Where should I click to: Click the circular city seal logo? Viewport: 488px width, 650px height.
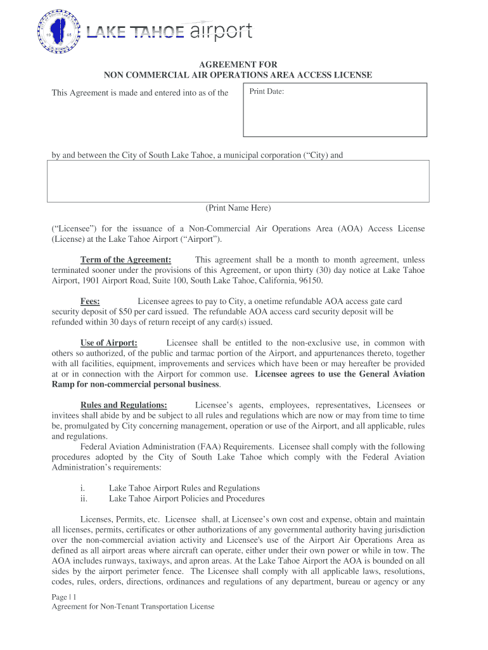tap(59, 31)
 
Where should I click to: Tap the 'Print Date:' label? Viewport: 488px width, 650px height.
tap(266, 92)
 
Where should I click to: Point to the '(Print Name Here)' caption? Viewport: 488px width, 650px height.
tap(238, 208)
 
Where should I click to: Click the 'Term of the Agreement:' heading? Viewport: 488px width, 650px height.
tap(125, 260)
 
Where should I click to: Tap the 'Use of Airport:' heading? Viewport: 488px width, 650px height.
tap(108, 343)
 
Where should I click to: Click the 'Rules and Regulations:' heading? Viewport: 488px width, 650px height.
tap(124, 405)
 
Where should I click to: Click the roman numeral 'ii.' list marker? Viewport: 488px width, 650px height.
tap(84, 498)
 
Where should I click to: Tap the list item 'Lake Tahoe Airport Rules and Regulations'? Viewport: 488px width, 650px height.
tap(184, 488)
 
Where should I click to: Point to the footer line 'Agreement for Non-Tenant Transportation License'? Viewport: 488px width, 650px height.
tap(133, 606)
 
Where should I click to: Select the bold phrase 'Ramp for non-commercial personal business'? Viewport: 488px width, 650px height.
tap(135, 384)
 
